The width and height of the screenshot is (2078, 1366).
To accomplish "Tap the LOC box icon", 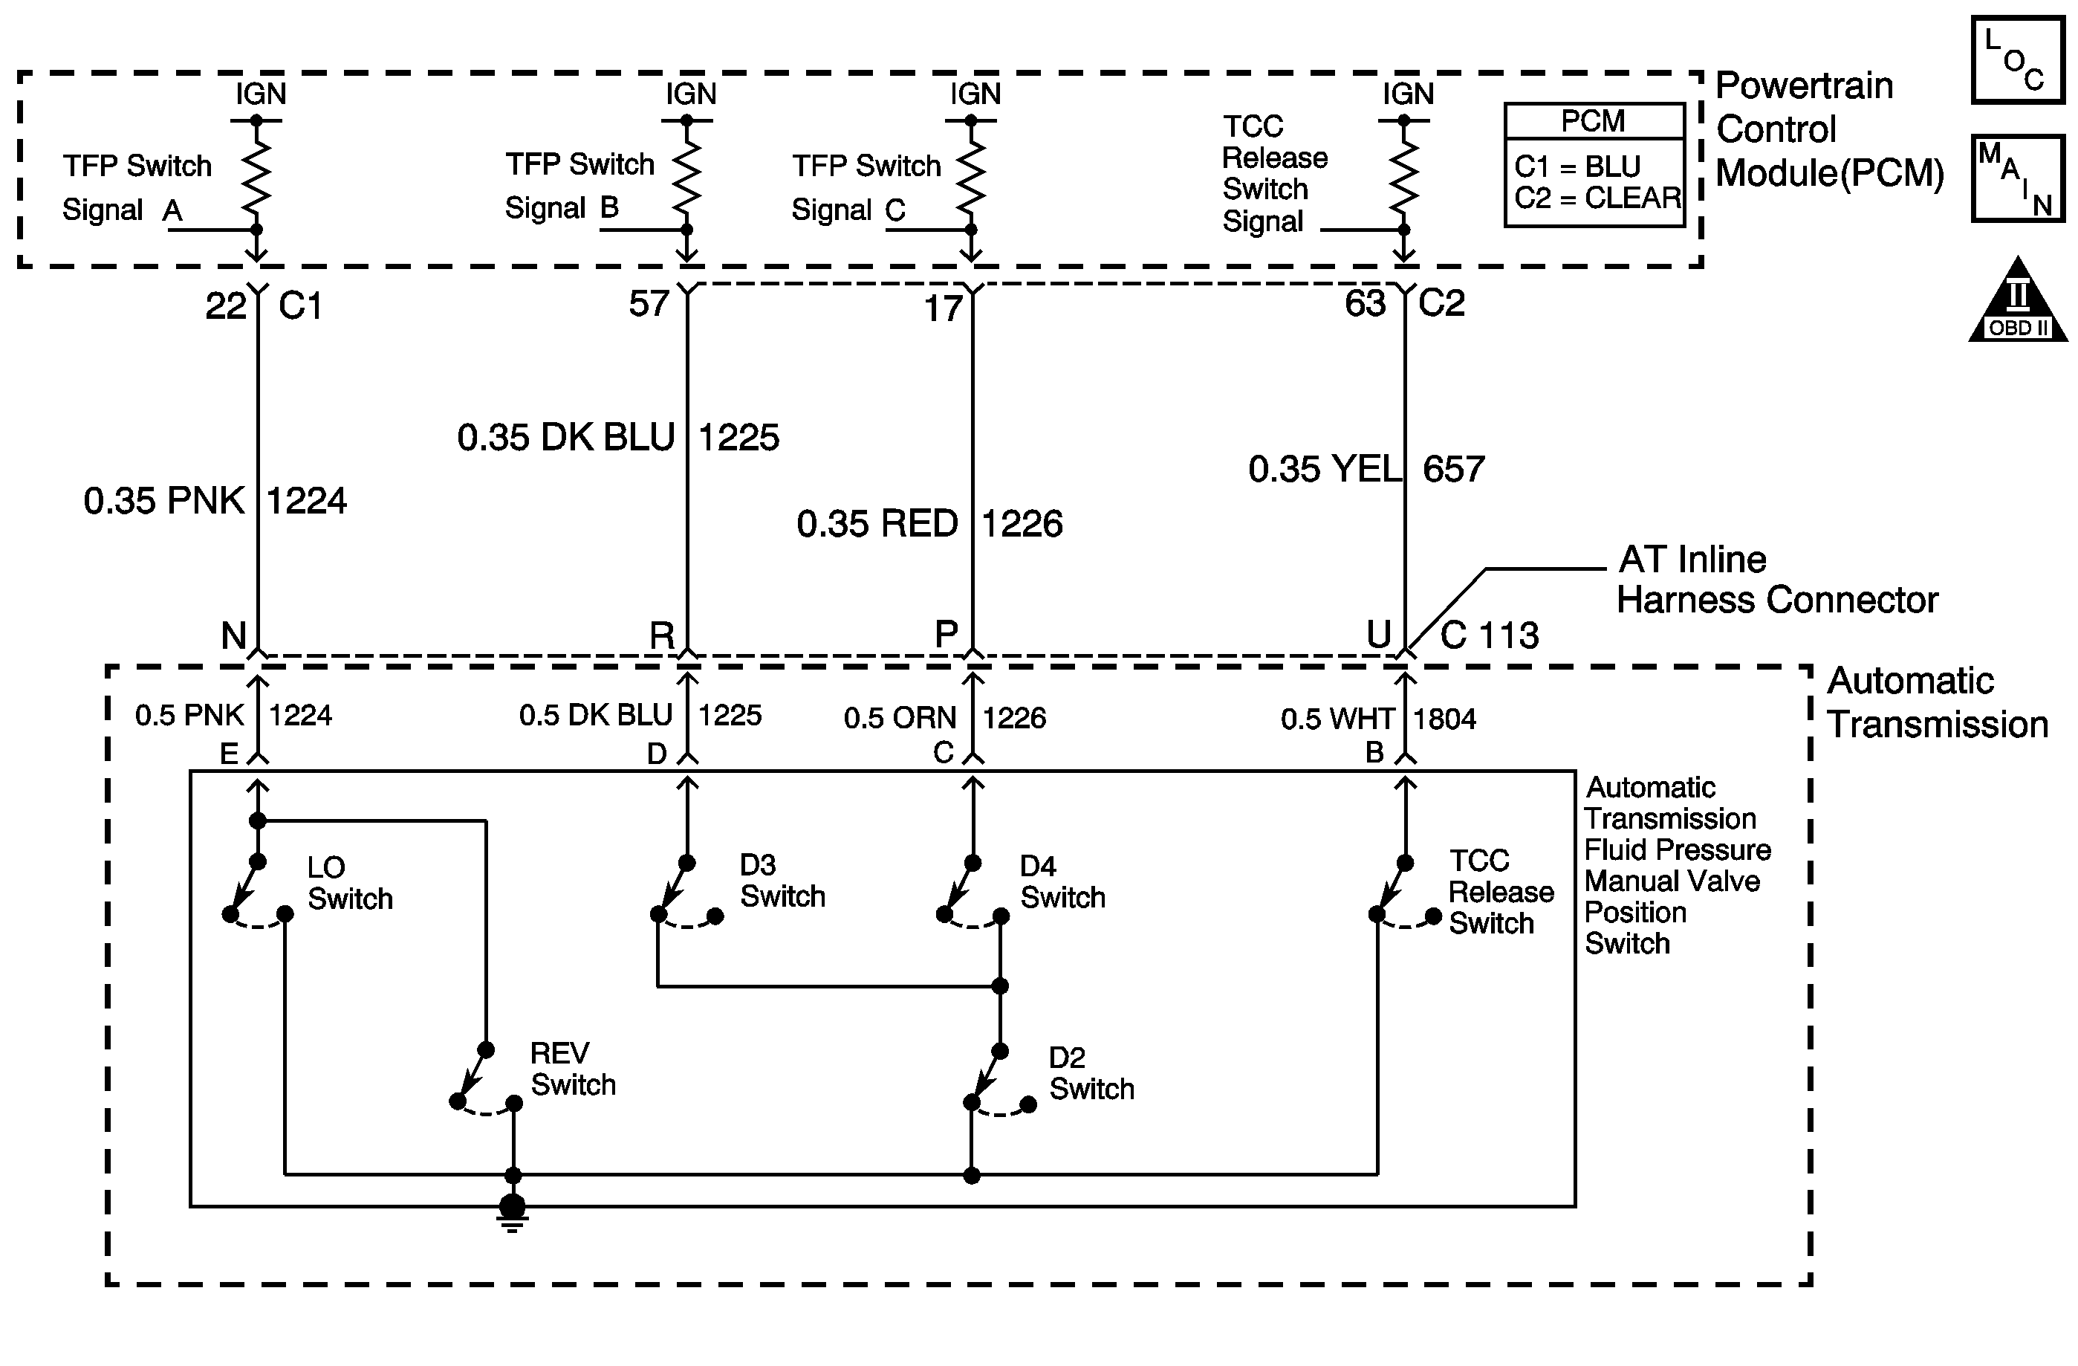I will click(x=2017, y=60).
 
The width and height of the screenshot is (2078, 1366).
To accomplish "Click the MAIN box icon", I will click(x=2017, y=178).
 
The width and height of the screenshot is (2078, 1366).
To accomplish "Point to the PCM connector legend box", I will click(x=1594, y=166).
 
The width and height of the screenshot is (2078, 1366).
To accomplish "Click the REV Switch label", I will click(x=573, y=1069).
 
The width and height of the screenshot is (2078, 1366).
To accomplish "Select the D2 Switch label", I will click(x=1091, y=1073).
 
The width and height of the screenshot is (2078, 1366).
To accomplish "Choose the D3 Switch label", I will click(x=782, y=881).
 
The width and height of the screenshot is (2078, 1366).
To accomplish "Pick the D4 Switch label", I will click(x=1062, y=882).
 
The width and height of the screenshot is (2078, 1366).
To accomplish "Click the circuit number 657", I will click(x=1453, y=470).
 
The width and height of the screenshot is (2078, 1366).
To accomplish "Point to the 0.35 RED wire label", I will click(x=877, y=524).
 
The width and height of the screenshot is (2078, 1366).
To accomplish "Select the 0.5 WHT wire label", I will click(x=1336, y=719).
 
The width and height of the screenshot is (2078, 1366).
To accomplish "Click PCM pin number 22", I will click(x=225, y=306).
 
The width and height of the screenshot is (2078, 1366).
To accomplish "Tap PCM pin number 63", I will click(x=1365, y=304).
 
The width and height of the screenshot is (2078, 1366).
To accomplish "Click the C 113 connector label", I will click(x=1489, y=635).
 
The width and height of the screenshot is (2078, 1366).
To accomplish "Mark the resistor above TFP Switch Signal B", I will click(x=687, y=171).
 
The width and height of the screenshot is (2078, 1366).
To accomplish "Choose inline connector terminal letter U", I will click(x=1377, y=634).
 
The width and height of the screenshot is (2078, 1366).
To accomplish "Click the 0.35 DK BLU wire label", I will click(x=566, y=438).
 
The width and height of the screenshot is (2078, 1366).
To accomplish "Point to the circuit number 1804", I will click(x=1444, y=719).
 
